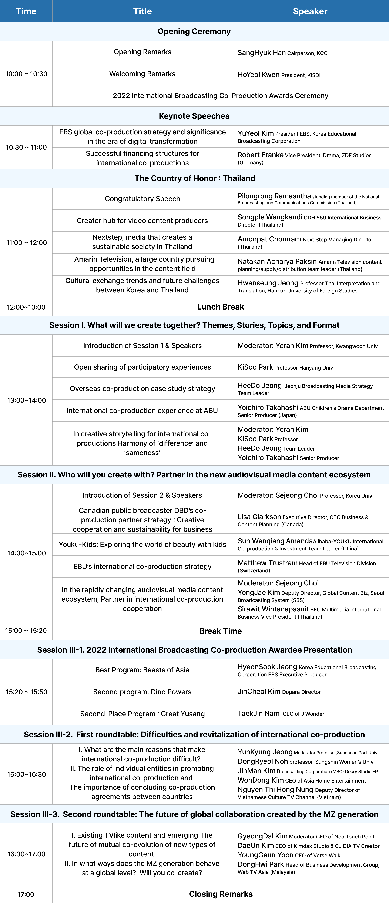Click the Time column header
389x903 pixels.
click(x=26, y=11)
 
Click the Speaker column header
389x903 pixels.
click(x=310, y=11)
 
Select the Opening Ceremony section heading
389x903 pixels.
click(x=194, y=32)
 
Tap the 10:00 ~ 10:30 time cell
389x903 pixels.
click(x=26, y=74)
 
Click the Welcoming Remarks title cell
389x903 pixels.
click(x=142, y=74)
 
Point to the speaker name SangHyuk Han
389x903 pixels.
click(x=261, y=53)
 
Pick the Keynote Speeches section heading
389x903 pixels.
click(x=194, y=116)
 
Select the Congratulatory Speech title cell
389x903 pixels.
click(x=142, y=199)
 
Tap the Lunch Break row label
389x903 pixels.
click(x=220, y=307)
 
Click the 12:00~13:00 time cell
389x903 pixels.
click(x=26, y=307)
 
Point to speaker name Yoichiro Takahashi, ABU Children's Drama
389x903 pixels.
click(x=268, y=407)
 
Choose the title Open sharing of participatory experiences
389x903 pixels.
click(x=142, y=367)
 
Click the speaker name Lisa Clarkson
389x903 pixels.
click(x=259, y=517)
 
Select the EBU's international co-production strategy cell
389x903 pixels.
click(x=142, y=566)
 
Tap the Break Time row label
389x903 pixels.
click(x=220, y=631)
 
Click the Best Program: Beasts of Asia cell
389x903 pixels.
click(x=142, y=670)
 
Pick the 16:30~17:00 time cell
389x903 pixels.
click(x=26, y=854)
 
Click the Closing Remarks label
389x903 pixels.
click(x=220, y=894)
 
